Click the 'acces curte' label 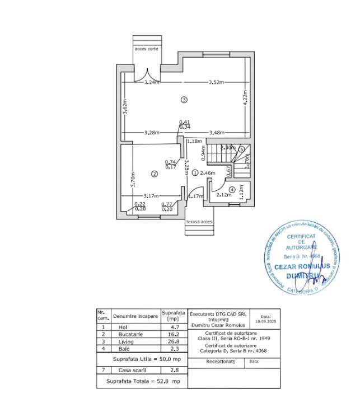click(x=147, y=49)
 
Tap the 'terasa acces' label click(x=199, y=222)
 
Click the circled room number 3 click(x=184, y=100)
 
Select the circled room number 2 click(x=154, y=174)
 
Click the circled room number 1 click(x=195, y=174)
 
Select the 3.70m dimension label click(x=133, y=179)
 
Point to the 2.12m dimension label click(x=223, y=195)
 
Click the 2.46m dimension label click(x=208, y=174)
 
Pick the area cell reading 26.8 click(x=172, y=341)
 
